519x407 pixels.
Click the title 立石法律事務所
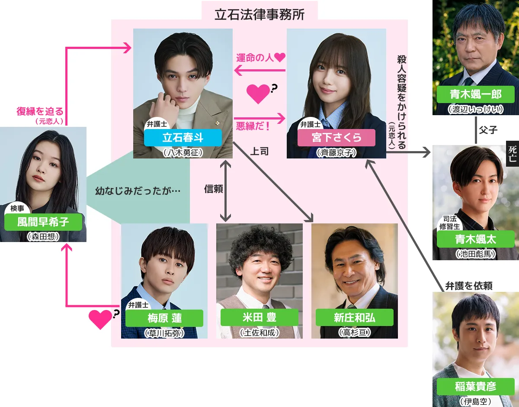click(x=259, y=15)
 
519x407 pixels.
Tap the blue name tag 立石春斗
click(x=183, y=138)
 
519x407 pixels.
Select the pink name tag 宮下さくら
click(x=336, y=138)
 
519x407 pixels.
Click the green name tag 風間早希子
click(x=43, y=222)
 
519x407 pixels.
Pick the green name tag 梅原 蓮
click(x=164, y=318)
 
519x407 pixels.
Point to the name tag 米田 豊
click(x=259, y=317)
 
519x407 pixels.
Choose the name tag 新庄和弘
click(x=354, y=317)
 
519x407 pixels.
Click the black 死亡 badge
click(x=513, y=154)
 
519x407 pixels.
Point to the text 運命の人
click(x=255, y=57)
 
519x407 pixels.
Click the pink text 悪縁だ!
click(x=253, y=126)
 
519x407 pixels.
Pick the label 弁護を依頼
click(x=469, y=286)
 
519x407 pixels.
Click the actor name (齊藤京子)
click(x=336, y=152)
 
